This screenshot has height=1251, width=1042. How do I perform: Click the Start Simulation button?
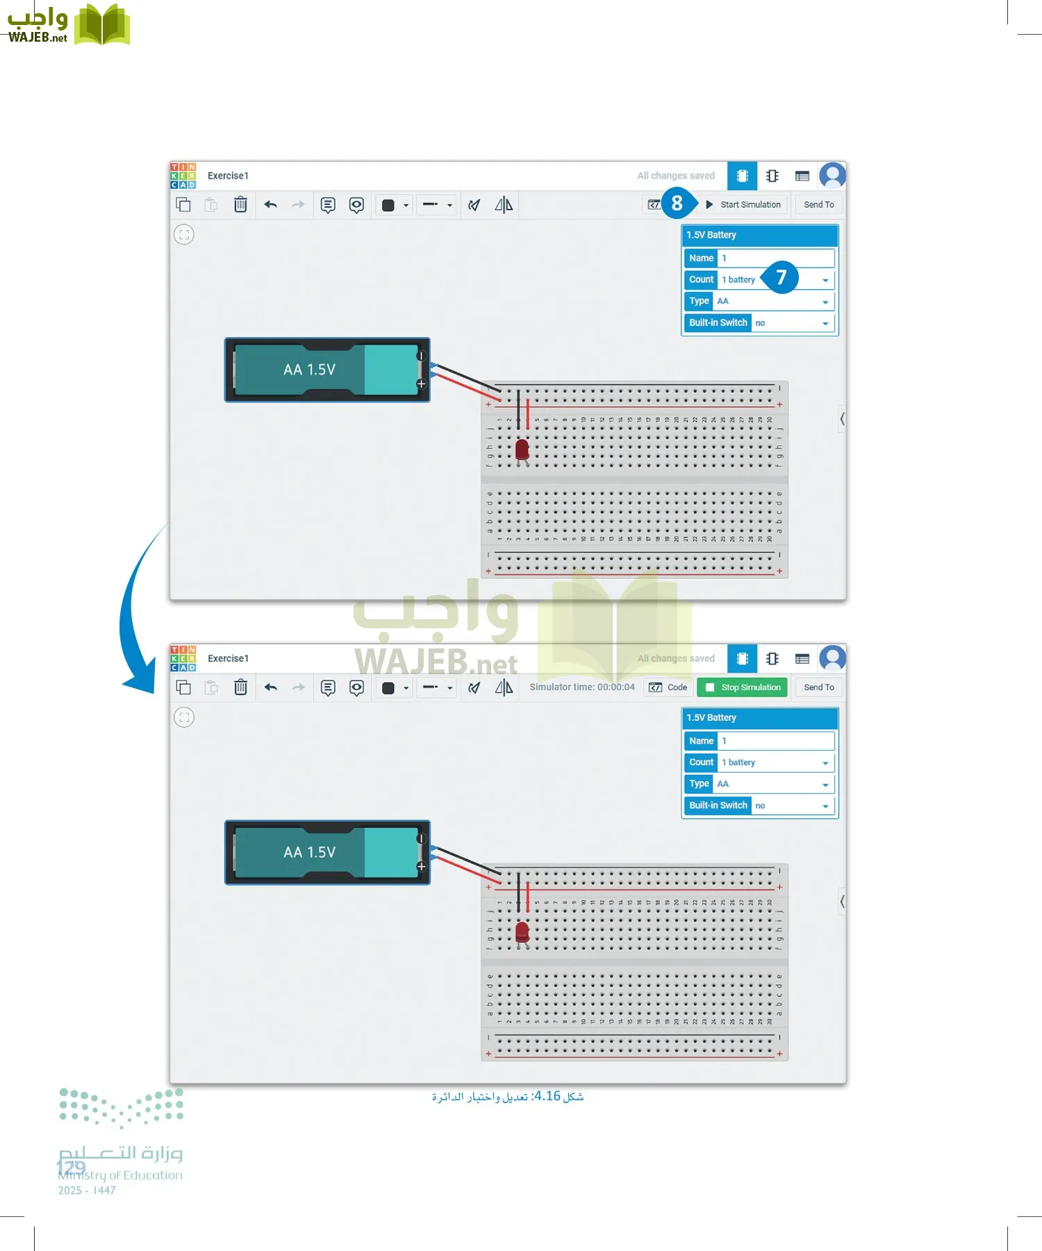(x=744, y=205)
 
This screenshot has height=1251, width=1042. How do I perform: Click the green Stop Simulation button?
(x=743, y=687)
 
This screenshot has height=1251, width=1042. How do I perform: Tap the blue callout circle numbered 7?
(x=781, y=278)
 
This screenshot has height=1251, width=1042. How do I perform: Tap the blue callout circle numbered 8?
(x=677, y=204)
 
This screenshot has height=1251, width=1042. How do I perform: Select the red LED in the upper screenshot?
(x=522, y=449)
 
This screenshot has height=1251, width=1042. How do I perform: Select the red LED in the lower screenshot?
(x=522, y=932)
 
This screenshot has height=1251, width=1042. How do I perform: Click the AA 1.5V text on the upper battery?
(x=309, y=370)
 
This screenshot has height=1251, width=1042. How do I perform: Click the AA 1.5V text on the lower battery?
(x=309, y=853)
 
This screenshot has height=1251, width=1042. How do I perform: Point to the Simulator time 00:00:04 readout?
(x=581, y=687)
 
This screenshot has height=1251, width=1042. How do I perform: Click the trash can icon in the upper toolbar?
(x=240, y=205)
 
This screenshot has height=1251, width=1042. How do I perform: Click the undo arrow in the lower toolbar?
(x=271, y=687)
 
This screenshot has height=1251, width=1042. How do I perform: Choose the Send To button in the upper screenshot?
(x=819, y=205)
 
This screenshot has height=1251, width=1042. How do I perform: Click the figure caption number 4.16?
(x=547, y=1096)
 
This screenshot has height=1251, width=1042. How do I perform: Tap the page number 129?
(x=71, y=1167)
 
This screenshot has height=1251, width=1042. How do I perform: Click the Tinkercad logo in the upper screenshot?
(x=183, y=176)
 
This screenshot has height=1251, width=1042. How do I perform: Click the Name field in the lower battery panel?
(x=775, y=741)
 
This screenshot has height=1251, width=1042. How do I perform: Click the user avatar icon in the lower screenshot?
(x=832, y=658)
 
